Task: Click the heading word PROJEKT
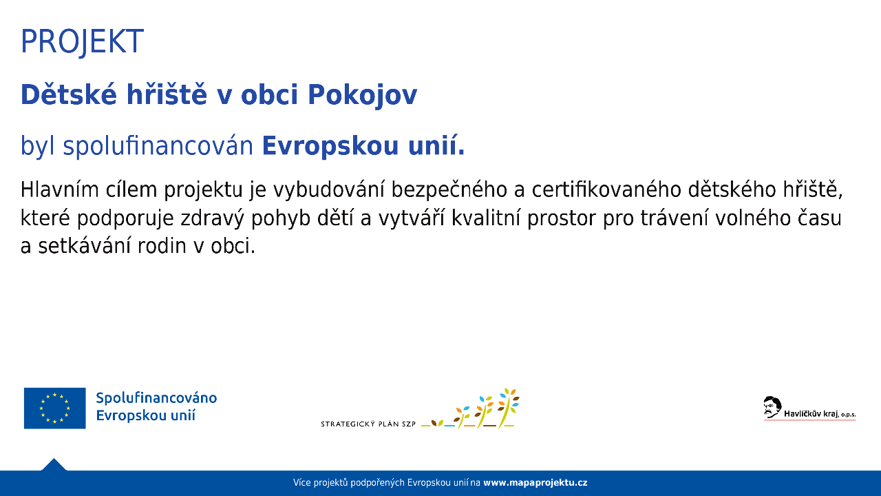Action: point(82,42)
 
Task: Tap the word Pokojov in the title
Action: point(362,95)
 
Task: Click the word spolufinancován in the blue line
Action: point(158,145)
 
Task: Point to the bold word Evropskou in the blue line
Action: point(330,146)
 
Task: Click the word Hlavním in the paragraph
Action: point(59,189)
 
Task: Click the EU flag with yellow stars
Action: point(54,409)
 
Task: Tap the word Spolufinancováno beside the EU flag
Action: point(156,398)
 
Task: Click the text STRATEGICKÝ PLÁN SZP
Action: point(368,424)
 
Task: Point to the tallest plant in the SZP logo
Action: point(508,408)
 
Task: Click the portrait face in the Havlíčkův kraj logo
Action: point(772,407)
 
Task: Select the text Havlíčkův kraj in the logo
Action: point(811,414)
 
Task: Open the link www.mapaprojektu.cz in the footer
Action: point(535,483)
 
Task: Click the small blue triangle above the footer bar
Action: point(54,465)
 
